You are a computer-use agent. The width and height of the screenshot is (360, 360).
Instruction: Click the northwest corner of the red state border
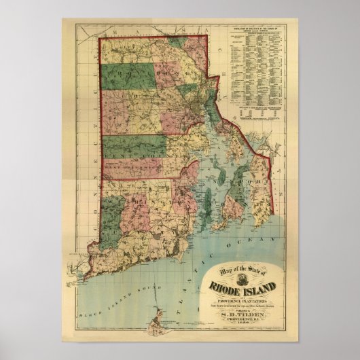pyautogui.click(x=101, y=39)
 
